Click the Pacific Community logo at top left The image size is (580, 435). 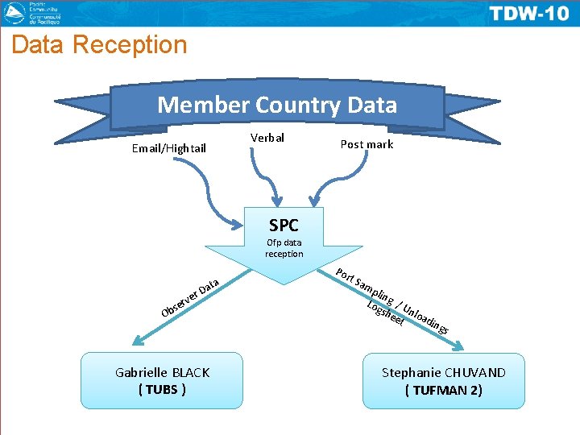(36, 12)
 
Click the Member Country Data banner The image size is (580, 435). (277, 105)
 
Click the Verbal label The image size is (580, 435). (267, 138)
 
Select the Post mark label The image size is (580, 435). (367, 144)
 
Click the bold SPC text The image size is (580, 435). (284, 225)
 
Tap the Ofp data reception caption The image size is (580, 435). (284, 247)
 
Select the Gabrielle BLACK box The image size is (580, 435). (162, 381)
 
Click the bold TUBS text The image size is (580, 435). (162, 390)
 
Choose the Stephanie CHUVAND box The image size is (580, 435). (444, 381)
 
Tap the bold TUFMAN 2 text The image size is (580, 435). (444, 391)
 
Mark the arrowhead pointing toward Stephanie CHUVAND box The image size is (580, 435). (460, 346)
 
